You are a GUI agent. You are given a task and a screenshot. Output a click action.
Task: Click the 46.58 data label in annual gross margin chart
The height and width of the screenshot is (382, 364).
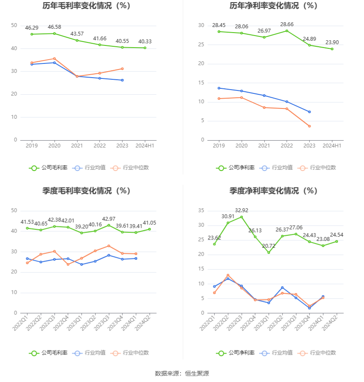tap(54, 27)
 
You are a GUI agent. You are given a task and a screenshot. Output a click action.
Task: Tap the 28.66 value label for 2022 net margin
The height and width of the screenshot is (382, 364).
tap(287, 24)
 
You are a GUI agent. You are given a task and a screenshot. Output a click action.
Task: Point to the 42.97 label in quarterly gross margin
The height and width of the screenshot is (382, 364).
tap(109, 219)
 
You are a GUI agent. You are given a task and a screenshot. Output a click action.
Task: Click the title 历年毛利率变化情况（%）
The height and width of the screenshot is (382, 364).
tap(86, 6)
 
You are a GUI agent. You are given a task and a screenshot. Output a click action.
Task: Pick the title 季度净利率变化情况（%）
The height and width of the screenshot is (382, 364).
tap(273, 191)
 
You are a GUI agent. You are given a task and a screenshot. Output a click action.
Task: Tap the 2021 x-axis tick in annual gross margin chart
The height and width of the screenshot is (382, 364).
tap(77, 146)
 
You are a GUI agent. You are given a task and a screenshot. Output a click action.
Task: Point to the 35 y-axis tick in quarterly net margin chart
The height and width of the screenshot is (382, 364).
tap(201, 211)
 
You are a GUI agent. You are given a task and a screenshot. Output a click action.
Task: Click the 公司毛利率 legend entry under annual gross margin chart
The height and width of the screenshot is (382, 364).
tap(48, 168)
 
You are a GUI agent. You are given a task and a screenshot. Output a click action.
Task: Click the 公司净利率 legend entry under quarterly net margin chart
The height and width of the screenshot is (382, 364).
tap(236, 353)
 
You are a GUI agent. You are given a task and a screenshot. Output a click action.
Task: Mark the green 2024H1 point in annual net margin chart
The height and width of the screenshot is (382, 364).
tap(332, 49)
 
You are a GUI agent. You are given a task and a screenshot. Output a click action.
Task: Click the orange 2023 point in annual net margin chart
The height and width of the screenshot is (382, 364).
tap(309, 126)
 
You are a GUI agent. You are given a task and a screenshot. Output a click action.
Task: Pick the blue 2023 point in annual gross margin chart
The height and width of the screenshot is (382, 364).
tap(122, 80)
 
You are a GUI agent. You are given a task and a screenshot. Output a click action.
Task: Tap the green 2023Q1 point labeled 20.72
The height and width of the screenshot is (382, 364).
tap(269, 253)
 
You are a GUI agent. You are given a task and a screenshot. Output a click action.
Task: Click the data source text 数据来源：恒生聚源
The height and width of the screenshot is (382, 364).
tap(182, 373)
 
